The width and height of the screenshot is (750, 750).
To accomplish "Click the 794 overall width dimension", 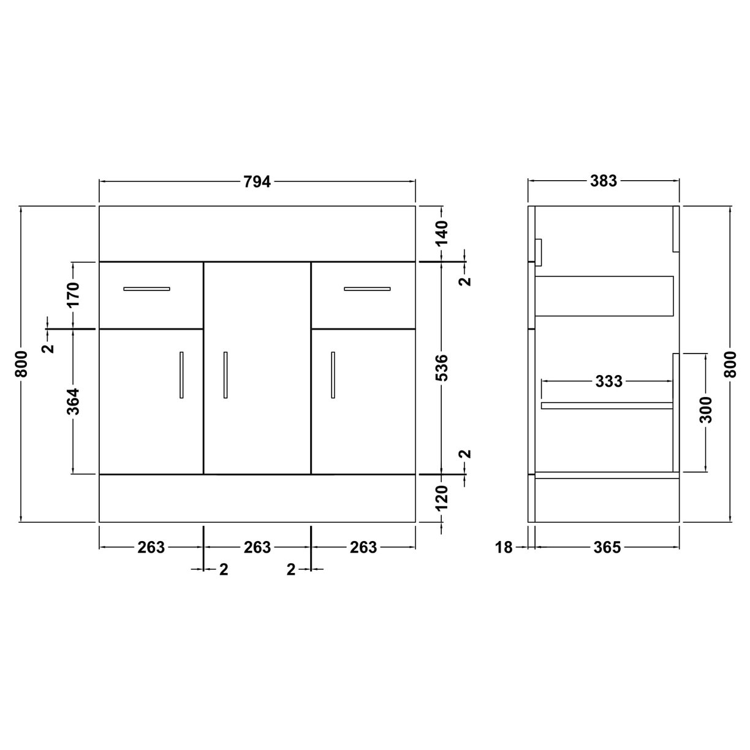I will coord(257,181).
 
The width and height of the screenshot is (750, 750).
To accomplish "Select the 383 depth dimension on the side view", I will coord(604,181).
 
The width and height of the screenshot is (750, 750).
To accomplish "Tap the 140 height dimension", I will coord(442,233).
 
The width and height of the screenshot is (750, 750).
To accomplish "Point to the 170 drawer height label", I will coord(73,295).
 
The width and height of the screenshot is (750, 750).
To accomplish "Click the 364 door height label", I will coord(73,401).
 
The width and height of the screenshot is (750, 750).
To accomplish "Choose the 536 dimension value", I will coord(442,368).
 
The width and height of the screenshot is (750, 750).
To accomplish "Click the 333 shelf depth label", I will coord(608,382).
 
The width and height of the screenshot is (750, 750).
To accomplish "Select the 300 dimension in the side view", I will coord(706,410).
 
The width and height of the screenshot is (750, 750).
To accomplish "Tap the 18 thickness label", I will coord(504,547).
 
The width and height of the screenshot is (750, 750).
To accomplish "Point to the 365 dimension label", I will coord(607,547).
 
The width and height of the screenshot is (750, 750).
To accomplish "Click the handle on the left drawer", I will coord(146,289).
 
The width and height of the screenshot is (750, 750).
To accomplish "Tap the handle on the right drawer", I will coord(366,289).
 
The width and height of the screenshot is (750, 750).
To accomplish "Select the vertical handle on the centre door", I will coord(225,374).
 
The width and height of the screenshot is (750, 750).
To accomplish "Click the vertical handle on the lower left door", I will coord(181,374).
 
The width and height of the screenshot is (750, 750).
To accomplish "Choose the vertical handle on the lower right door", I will coord(333,374).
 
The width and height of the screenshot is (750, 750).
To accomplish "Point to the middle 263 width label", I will coord(257,547).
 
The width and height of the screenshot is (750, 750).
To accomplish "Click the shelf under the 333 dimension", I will coord(607,405).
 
